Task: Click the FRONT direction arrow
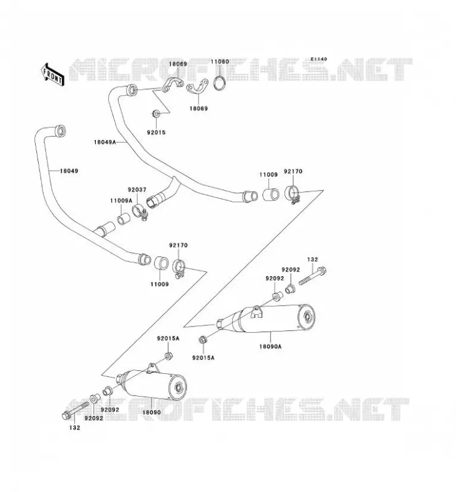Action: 53,74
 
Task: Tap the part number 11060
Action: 219,61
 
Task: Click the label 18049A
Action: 104,142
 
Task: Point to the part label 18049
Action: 69,171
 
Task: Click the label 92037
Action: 136,190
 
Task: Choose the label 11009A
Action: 121,200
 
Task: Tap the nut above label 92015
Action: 156,113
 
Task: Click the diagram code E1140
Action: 319,59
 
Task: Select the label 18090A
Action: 270,346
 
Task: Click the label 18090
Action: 151,412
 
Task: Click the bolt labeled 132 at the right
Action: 313,276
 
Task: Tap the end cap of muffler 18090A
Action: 307,318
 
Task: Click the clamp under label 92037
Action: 140,212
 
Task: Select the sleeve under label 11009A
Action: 124,218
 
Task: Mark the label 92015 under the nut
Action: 156,132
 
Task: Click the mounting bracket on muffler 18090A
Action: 257,312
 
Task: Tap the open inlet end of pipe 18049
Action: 60,131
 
